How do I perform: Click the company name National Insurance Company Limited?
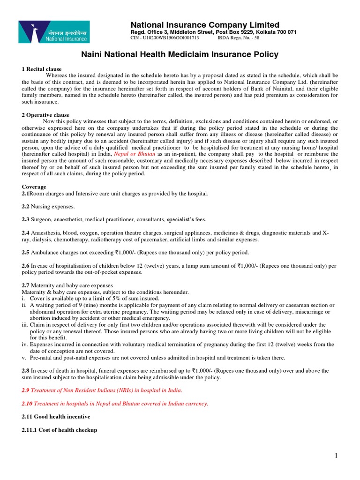(x=204, y=25)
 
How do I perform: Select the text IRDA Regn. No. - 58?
(x=239, y=38)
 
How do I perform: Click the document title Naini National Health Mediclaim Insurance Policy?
(x=180, y=54)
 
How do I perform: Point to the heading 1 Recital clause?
(x=42, y=69)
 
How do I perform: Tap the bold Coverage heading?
(x=34, y=187)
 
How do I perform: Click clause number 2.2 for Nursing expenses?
(x=27, y=206)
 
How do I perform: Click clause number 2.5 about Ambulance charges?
(x=27, y=253)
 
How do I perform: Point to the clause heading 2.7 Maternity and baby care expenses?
(x=67, y=285)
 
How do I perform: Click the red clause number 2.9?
(x=27, y=390)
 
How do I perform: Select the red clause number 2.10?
(x=28, y=404)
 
